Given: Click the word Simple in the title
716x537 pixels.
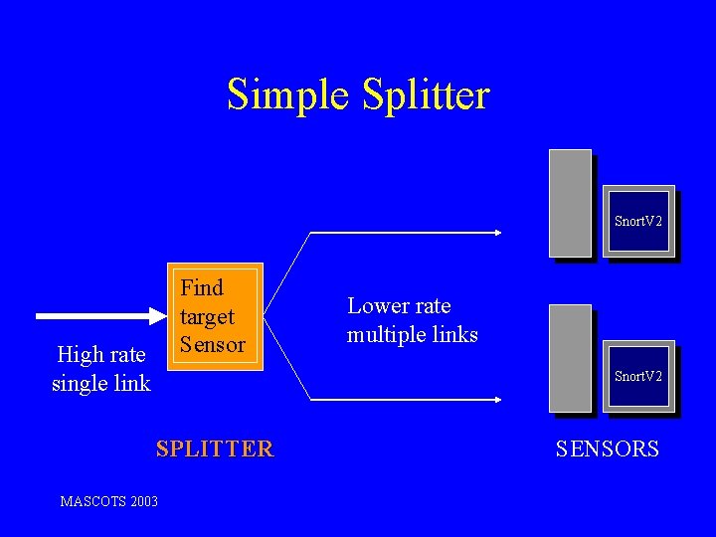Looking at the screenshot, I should (289, 95).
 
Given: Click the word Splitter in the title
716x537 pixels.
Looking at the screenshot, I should (427, 95).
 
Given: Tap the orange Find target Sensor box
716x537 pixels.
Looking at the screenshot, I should (215, 317).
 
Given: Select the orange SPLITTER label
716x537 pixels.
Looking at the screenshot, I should (214, 448).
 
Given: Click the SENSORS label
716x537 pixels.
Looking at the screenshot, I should (607, 448).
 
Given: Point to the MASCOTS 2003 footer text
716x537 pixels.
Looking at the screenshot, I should (108, 501).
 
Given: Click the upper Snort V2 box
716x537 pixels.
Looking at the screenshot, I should (638, 222).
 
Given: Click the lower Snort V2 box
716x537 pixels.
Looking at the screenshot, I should (638, 377).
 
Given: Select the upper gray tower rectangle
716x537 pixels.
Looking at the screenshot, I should (570, 202).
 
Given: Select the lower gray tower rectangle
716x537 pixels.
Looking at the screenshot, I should (570, 357).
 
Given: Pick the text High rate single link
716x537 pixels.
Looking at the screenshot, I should (101, 368).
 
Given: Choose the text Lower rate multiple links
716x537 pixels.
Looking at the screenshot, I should (412, 320).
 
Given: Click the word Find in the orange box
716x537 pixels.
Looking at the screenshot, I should (202, 288).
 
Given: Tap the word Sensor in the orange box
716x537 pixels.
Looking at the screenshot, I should (212, 345).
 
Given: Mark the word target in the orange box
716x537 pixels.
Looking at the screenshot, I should (207, 317).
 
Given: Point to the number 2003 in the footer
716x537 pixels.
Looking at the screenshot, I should (142, 501).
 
